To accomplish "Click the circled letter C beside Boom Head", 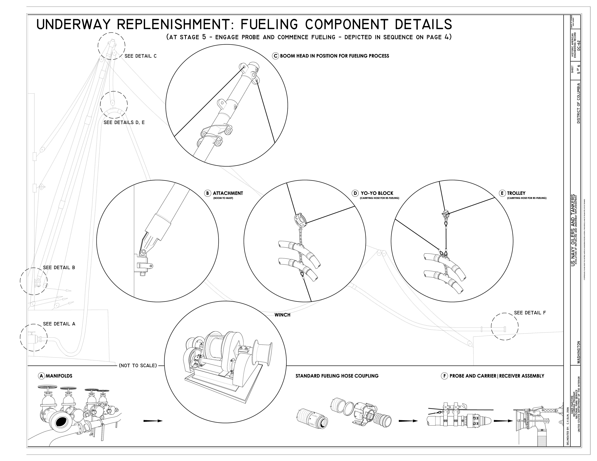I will click(276, 56).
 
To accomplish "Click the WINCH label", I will click(282, 315).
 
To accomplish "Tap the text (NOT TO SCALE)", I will click(138, 366).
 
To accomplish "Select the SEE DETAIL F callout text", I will click(530, 313).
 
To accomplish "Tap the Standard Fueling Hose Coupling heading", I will click(337, 376).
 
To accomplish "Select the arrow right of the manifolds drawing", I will click(153, 421).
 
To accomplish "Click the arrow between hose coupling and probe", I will click(408, 421).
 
